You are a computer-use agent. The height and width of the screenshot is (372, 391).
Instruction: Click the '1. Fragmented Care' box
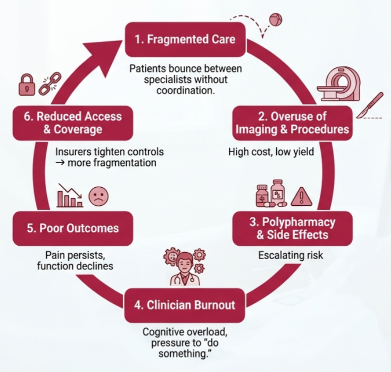(x=185, y=39)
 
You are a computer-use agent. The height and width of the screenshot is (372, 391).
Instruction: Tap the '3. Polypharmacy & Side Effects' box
(x=292, y=228)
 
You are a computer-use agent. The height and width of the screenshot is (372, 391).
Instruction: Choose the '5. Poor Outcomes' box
(x=72, y=228)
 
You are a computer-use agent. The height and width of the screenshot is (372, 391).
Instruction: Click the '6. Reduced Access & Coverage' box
(x=72, y=123)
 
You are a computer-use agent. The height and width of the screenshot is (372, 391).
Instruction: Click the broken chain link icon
(x=50, y=83)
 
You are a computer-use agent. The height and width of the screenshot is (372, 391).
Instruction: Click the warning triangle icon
(x=301, y=196)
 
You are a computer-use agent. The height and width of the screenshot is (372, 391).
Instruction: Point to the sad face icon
(x=98, y=196)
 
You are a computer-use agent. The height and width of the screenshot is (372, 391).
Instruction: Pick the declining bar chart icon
(x=69, y=195)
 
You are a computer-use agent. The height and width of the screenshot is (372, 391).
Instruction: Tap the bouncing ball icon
(x=275, y=20)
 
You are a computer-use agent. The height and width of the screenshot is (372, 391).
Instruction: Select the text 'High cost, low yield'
(x=271, y=151)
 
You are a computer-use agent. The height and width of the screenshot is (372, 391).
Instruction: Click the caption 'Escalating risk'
(x=291, y=256)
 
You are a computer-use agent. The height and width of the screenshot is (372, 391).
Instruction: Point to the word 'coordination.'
(x=185, y=90)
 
